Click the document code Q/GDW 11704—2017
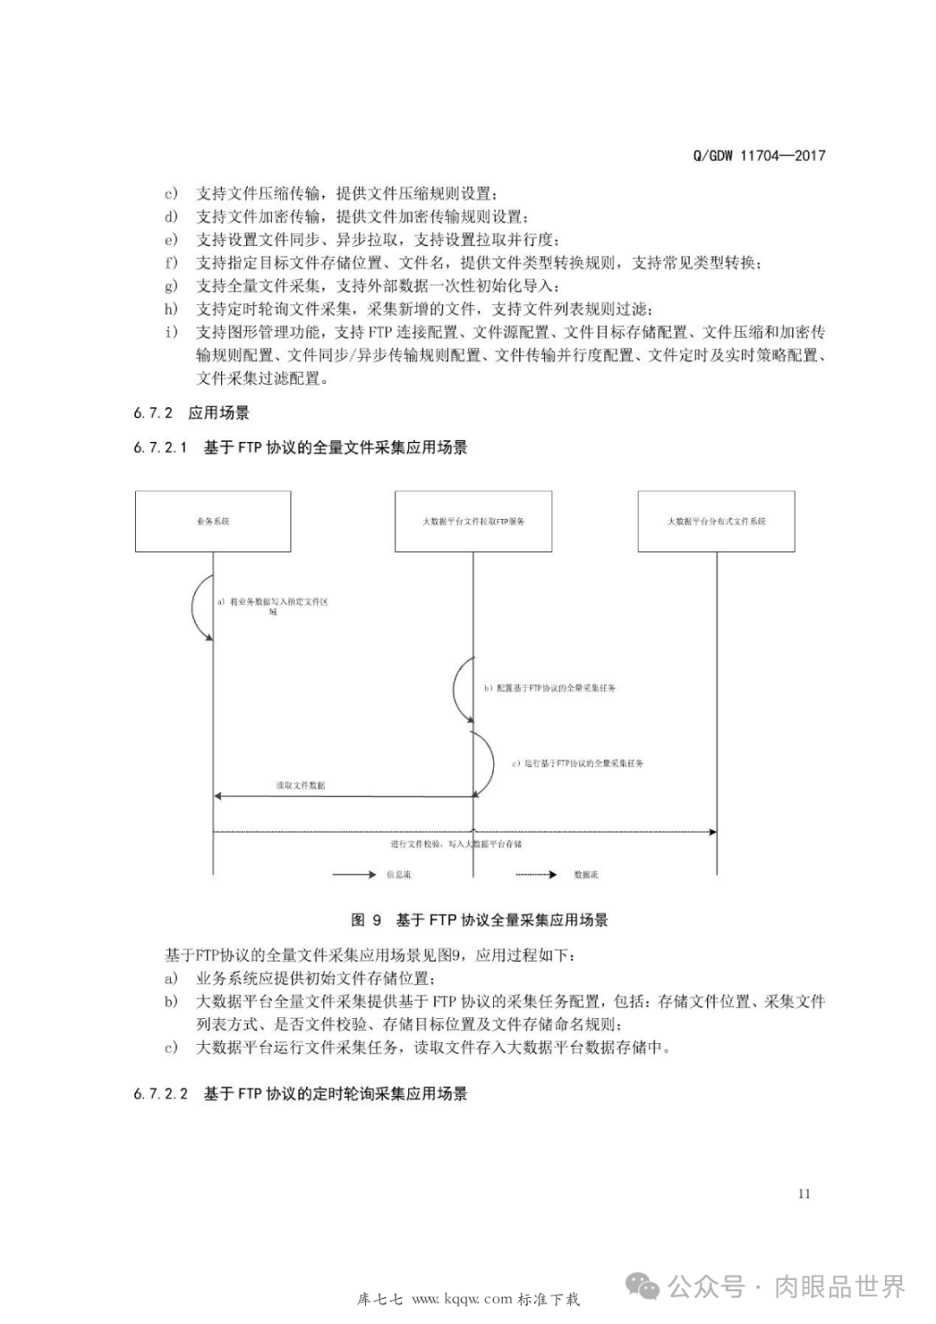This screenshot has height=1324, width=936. point(759,156)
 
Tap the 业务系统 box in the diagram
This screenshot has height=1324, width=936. point(213,521)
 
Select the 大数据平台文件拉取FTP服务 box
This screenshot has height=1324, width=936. point(473,521)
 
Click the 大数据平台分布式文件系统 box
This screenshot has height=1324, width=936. point(716,521)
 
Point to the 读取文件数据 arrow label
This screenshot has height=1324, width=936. point(301,785)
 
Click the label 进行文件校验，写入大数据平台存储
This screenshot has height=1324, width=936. point(456,843)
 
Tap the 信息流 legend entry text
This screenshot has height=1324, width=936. point(399,875)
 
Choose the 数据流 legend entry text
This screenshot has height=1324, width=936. point(586,875)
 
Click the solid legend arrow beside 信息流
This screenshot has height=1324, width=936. point(354,875)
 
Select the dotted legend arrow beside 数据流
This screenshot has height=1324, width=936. point(536,875)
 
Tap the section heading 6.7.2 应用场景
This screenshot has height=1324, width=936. point(192,413)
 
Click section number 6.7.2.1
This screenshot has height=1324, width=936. point(160,448)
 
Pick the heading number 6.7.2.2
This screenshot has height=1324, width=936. point(160,1094)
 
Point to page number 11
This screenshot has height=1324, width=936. point(804,1194)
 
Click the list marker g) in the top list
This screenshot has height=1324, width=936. point(172,286)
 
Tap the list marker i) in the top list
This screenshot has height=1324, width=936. point(172,332)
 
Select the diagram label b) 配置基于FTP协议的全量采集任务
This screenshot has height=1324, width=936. point(550,688)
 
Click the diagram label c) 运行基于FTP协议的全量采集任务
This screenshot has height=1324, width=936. point(577,763)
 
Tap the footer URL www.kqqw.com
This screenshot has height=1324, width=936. point(463,1299)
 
